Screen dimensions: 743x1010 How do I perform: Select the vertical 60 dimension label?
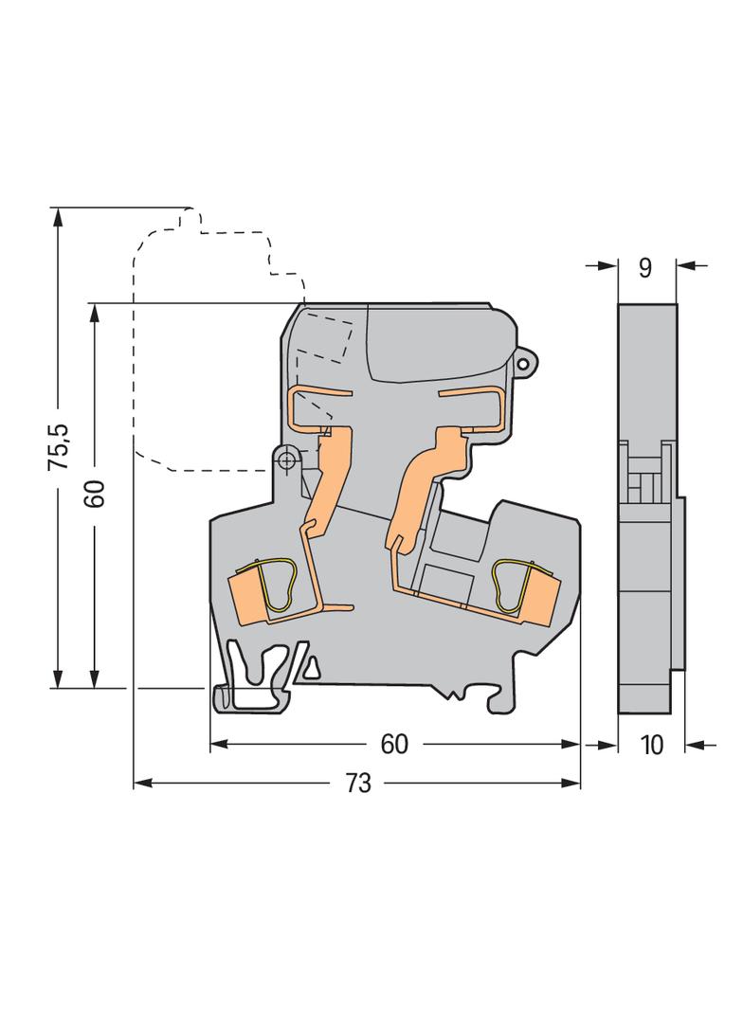pyautogui.click(x=95, y=493)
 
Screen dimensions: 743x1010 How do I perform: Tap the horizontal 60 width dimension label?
pyautogui.click(x=394, y=744)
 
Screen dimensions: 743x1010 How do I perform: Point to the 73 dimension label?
pyautogui.click(x=358, y=783)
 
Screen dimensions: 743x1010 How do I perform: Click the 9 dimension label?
pyautogui.click(x=645, y=267)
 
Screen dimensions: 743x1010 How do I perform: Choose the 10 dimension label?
pyautogui.click(x=652, y=745)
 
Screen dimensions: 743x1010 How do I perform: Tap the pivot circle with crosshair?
pyautogui.click(x=287, y=460)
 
